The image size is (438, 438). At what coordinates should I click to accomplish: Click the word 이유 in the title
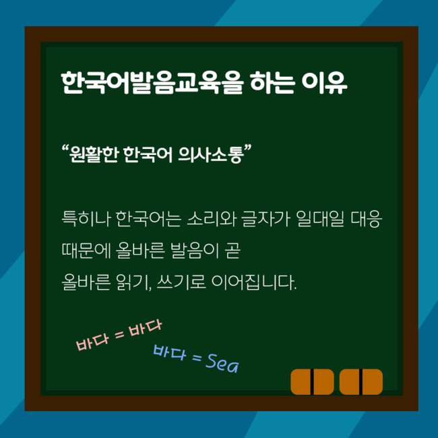[324, 83]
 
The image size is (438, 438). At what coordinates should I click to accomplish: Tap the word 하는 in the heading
[272, 83]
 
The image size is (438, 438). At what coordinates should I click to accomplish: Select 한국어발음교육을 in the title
[152, 83]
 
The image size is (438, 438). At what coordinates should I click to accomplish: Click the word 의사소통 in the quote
[210, 154]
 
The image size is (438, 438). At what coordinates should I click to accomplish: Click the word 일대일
[320, 219]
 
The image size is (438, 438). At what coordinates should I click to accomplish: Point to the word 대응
[366, 219]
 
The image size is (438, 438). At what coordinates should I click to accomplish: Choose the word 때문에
[86, 251]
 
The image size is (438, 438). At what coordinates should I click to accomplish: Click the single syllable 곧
[232, 251]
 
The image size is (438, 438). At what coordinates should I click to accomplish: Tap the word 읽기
[133, 282]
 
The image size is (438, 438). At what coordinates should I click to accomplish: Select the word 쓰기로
[181, 282]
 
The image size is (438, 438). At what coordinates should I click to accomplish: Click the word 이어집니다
[253, 282]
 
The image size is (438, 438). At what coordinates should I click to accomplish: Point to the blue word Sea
[222, 363]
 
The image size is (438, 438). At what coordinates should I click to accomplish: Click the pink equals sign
[119, 334]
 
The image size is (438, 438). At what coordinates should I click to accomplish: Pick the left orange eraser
[312, 381]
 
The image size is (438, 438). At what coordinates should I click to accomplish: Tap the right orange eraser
[361, 381]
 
